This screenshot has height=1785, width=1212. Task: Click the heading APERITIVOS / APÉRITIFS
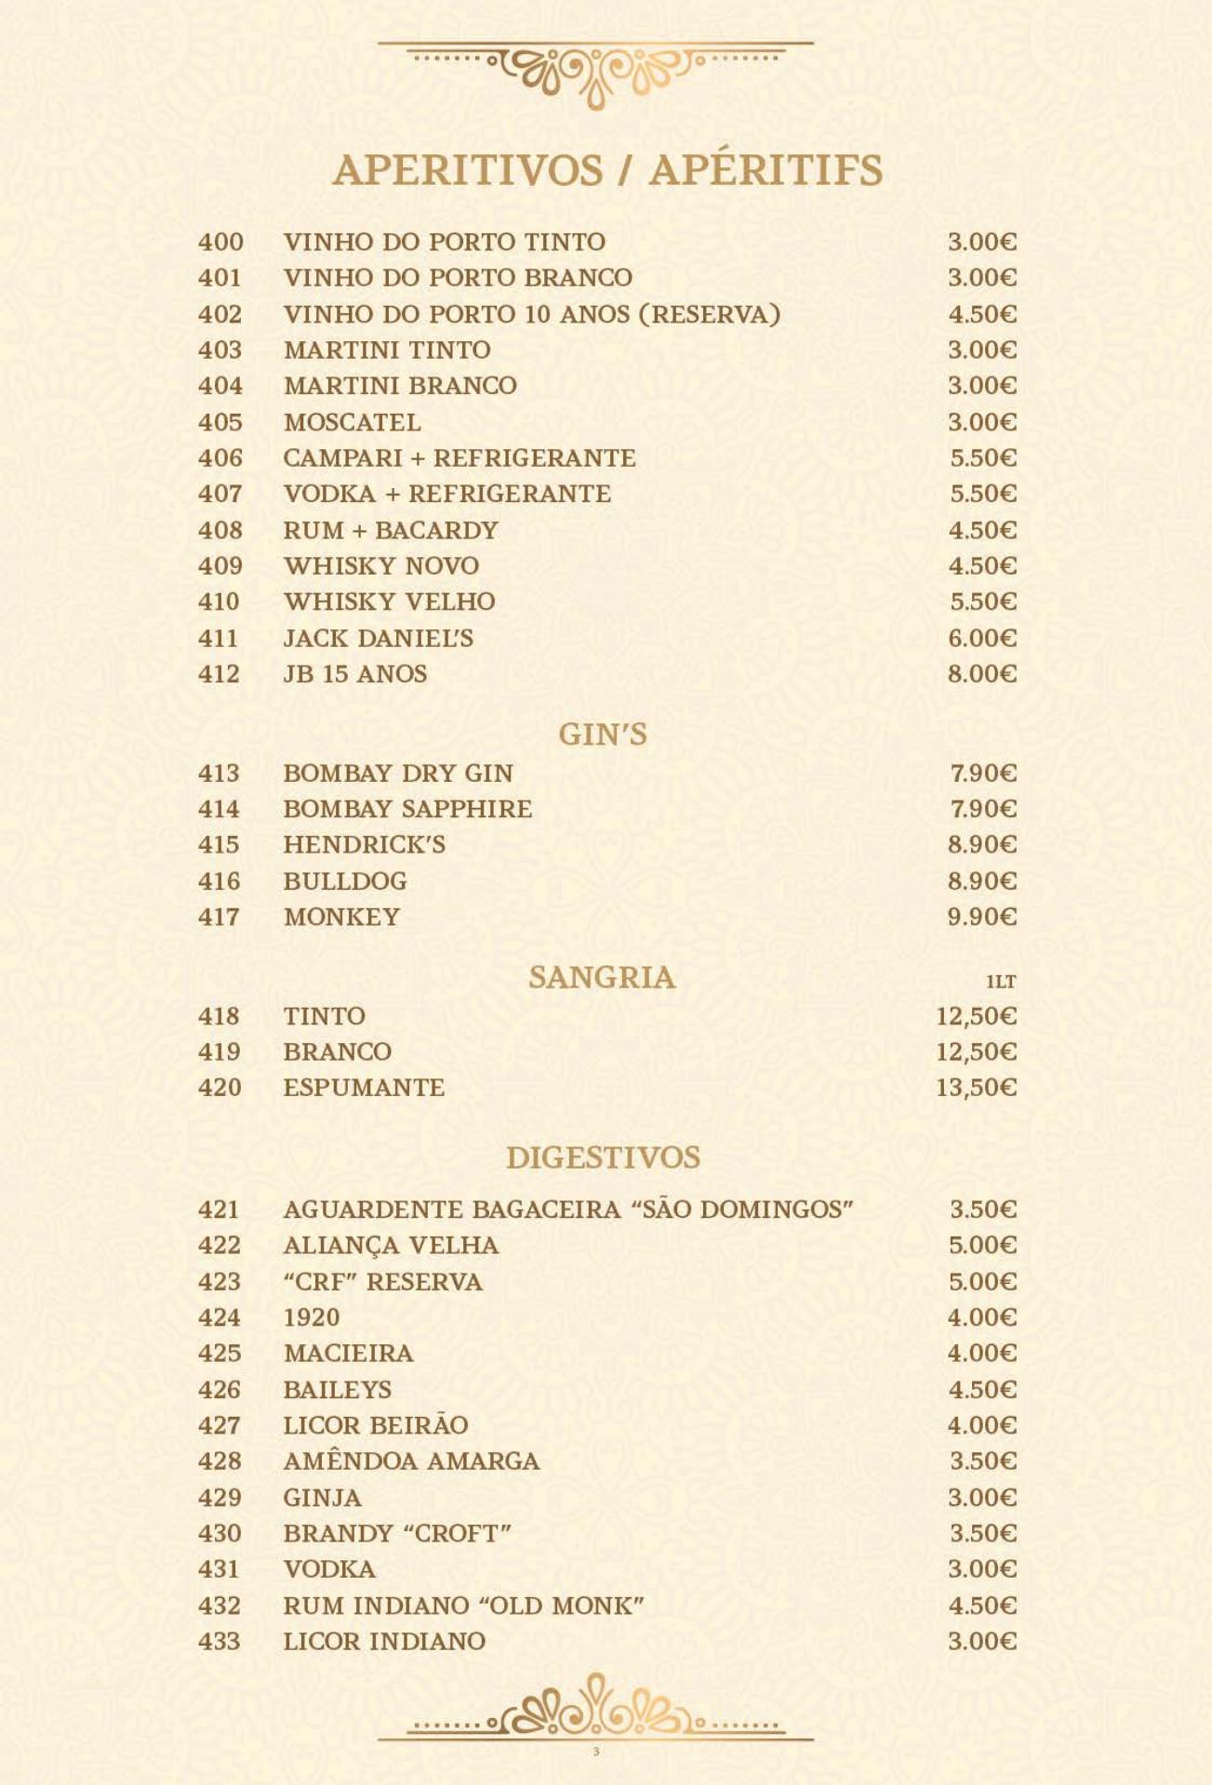point(606,170)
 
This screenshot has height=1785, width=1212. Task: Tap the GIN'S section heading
point(602,734)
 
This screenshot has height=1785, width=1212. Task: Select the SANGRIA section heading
point(602,977)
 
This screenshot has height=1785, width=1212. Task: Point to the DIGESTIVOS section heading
point(603,1157)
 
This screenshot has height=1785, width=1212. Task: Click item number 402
point(220,314)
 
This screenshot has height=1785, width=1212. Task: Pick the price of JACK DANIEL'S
point(981,638)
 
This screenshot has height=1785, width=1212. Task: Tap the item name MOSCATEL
point(352,422)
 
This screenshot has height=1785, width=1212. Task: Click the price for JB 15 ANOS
point(981,674)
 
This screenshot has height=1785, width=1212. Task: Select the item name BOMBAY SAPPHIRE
point(407,809)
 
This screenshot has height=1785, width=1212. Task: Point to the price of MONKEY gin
point(981,917)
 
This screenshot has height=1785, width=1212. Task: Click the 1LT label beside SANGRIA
point(1001,982)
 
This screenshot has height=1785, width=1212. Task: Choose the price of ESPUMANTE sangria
point(976,1088)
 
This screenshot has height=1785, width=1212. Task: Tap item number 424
point(220,1317)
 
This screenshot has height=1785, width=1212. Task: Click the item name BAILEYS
point(337,1390)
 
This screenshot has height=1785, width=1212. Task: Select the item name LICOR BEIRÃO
point(376,1425)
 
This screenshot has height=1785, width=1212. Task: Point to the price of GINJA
point(981,1498)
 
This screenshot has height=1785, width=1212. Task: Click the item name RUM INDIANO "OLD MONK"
point(463,1606)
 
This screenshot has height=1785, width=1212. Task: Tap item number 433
point(220,1641)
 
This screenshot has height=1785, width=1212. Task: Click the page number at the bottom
point(596,1752)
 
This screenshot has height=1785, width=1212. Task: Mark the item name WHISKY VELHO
point(389,602)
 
